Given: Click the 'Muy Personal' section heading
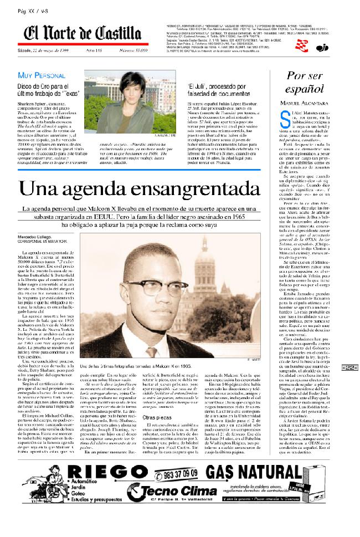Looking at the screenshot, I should (x=42, y=75).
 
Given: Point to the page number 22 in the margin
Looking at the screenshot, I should (x=351, y=367).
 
